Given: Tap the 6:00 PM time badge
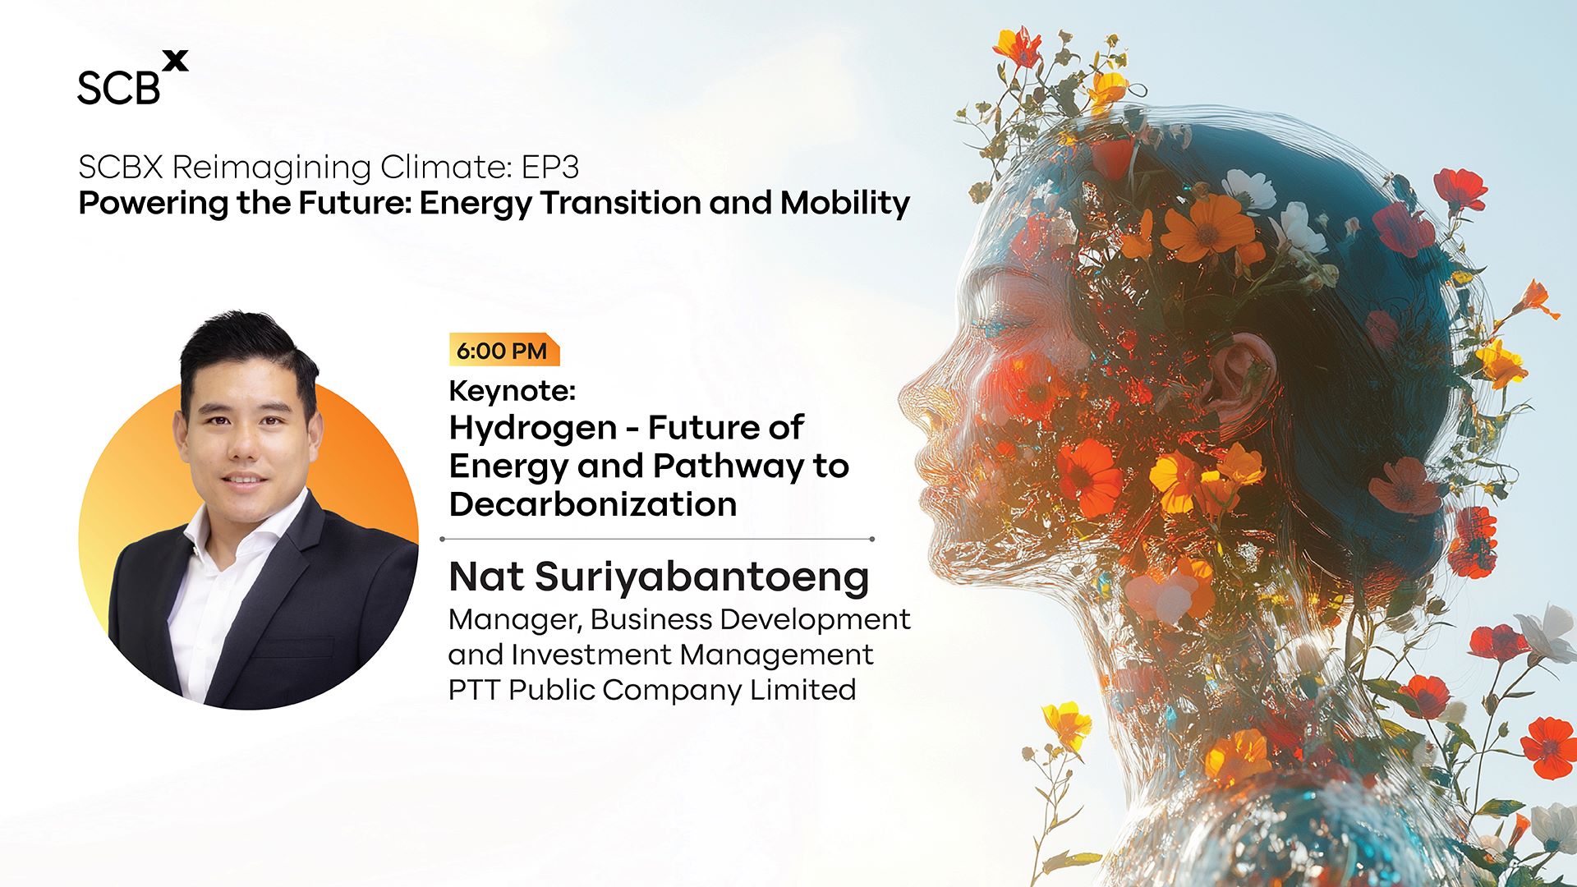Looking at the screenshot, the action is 503,350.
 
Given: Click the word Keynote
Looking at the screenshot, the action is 512,391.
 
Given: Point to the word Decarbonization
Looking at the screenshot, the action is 593,504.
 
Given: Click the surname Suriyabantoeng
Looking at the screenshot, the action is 702,578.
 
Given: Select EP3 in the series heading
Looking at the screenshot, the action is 550,168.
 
